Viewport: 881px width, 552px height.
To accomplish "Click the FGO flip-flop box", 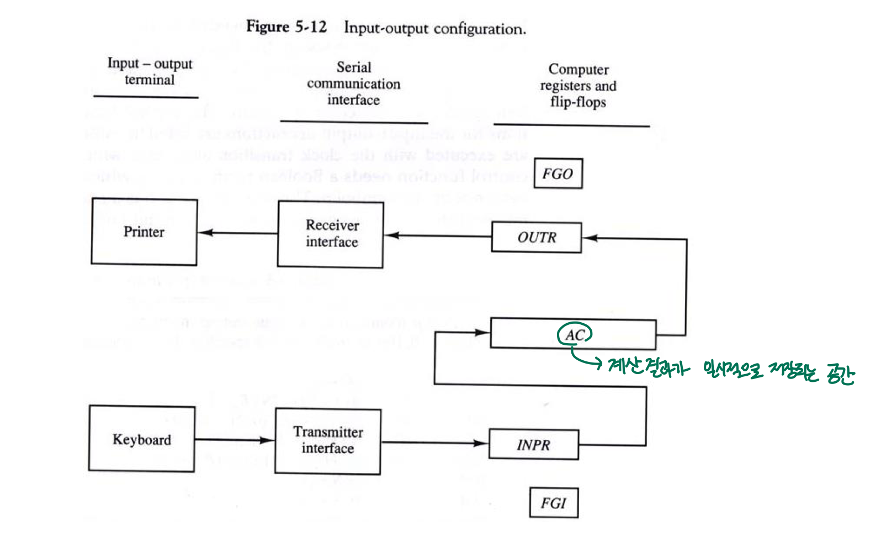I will tap(558, 174).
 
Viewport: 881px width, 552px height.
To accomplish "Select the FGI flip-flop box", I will tap(554, 502).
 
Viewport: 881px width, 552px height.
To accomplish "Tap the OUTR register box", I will tap(536, 237).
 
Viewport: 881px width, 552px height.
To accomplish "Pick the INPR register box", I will tap(533, 445).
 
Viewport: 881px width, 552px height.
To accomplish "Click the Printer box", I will tap(144, 232).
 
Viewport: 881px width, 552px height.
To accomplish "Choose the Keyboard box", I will tap(141, 439).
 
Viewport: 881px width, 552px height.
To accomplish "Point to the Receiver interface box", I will tap(331, 234).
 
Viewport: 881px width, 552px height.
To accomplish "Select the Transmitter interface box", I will tap(328, 441).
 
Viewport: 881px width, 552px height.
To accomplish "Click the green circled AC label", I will tap(575, 335).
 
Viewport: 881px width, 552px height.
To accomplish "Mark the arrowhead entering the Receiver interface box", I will tap(391, 235).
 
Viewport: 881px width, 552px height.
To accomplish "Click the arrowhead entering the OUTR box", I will tap(589, 238).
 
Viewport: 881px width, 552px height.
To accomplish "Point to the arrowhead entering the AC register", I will tap(483, 332).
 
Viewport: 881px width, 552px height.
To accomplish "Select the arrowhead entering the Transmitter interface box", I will tap(268, 440).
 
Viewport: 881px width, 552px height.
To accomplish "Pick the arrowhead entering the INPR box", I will tap(482, 443).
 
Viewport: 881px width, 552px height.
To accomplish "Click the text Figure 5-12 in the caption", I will tap(286, 27).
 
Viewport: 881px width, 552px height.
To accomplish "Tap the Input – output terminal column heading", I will tap(150, 72).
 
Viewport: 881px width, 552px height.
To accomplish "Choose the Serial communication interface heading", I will tap(353, 83).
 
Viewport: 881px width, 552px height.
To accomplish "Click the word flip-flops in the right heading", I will tap(578, 102).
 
